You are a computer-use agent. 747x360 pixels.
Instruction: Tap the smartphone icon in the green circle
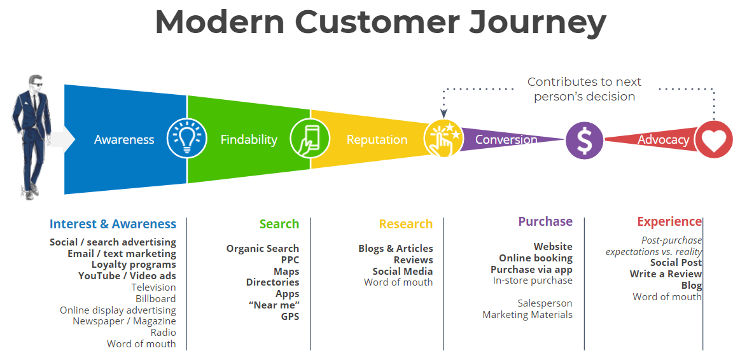pos(310,139)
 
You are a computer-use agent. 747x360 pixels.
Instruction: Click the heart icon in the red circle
pos(714,139)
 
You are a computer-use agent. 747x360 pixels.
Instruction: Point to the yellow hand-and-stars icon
pos(443,139)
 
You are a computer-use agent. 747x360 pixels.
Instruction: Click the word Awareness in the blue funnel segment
pos(124,139)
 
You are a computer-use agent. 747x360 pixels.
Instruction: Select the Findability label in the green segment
pos(249,139)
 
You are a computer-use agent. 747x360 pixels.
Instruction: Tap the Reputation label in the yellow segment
pos(377,140)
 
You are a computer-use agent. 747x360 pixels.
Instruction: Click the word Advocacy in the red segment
pos(663,140)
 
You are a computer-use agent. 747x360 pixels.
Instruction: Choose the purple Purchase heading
pos(545,221)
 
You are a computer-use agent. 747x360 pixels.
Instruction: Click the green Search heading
pos(279,224)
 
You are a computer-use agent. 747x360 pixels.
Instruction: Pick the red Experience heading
pos(669,221)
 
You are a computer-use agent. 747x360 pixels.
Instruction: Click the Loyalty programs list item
pos(134,265)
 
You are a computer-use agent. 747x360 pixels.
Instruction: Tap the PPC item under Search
pos(290,260)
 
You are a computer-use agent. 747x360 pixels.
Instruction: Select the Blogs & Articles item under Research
pos(395,249)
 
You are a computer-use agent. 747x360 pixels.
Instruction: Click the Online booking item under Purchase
pos(536,258)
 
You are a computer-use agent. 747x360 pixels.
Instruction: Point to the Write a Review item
pos(666,273)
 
